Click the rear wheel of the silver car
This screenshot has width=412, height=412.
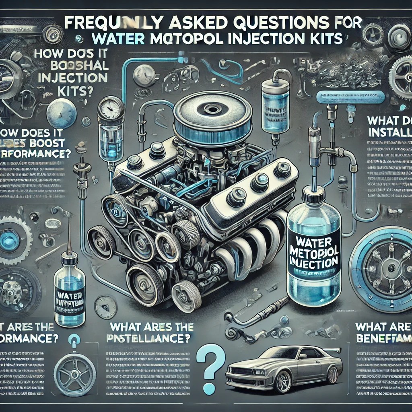click(x=333, y=374)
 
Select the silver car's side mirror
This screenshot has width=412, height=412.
click(x=302, y=356)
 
